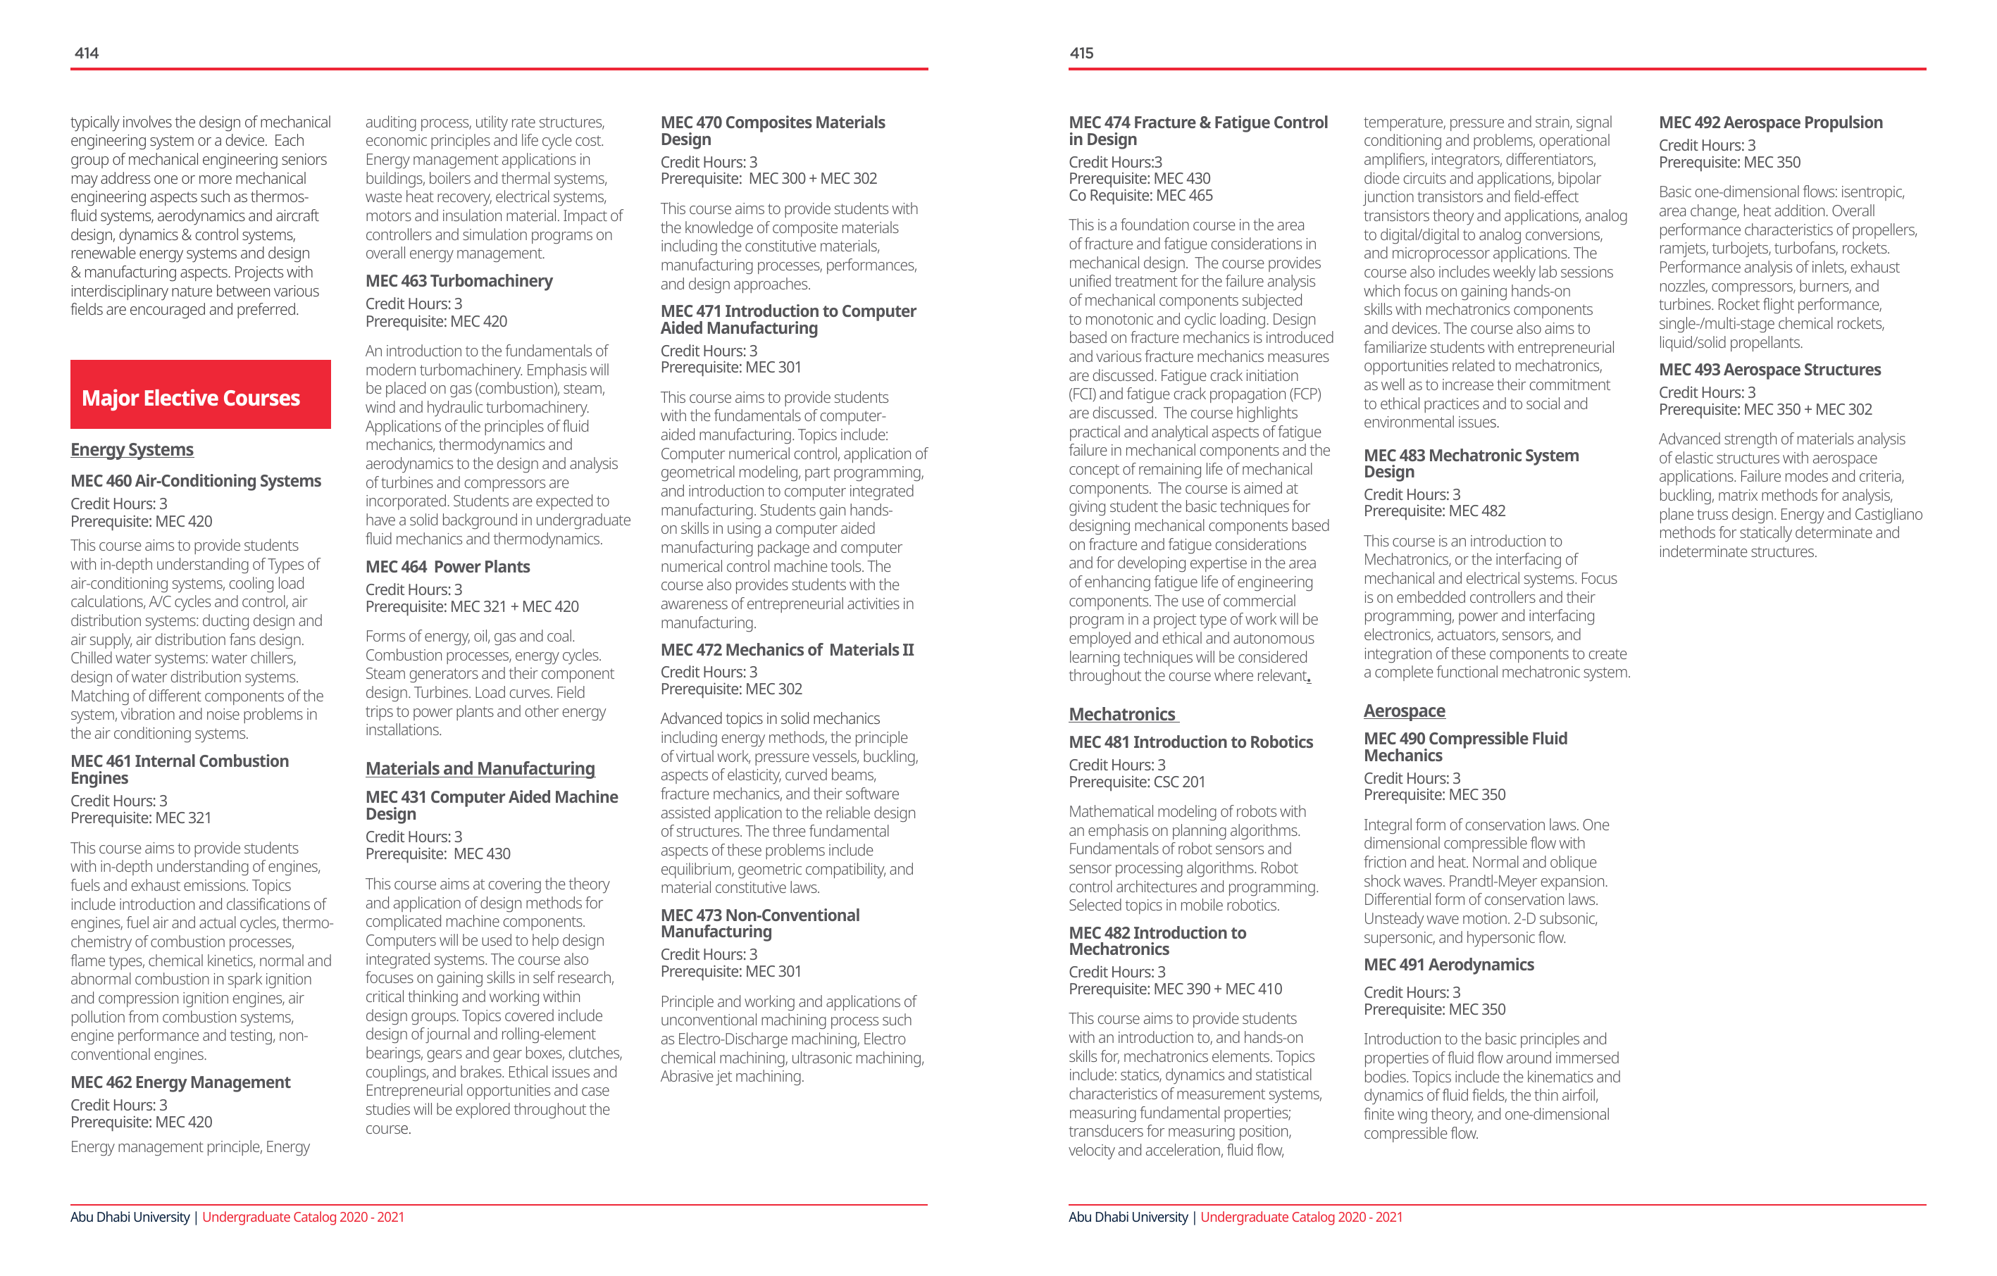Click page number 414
86,53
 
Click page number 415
1081,53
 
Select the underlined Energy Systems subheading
132,449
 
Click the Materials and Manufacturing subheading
480,768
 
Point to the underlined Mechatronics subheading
1122,714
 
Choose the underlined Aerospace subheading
1404,711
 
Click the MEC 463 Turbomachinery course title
459,281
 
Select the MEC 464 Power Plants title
448,567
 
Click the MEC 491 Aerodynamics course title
1449,965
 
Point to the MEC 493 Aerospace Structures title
1769,370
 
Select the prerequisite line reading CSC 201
1136,782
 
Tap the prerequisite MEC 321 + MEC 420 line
472,607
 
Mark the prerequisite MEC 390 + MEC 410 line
1175,989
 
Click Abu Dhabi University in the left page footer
130,1217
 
